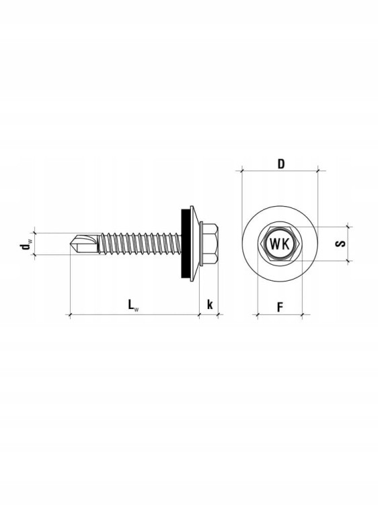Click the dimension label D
[281, 164]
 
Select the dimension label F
[280, 307]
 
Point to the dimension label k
[210, 304]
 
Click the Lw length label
[133, 304]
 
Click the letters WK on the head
[280, 244]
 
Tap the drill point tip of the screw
[71, 244]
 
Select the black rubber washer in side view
[185, 244]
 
